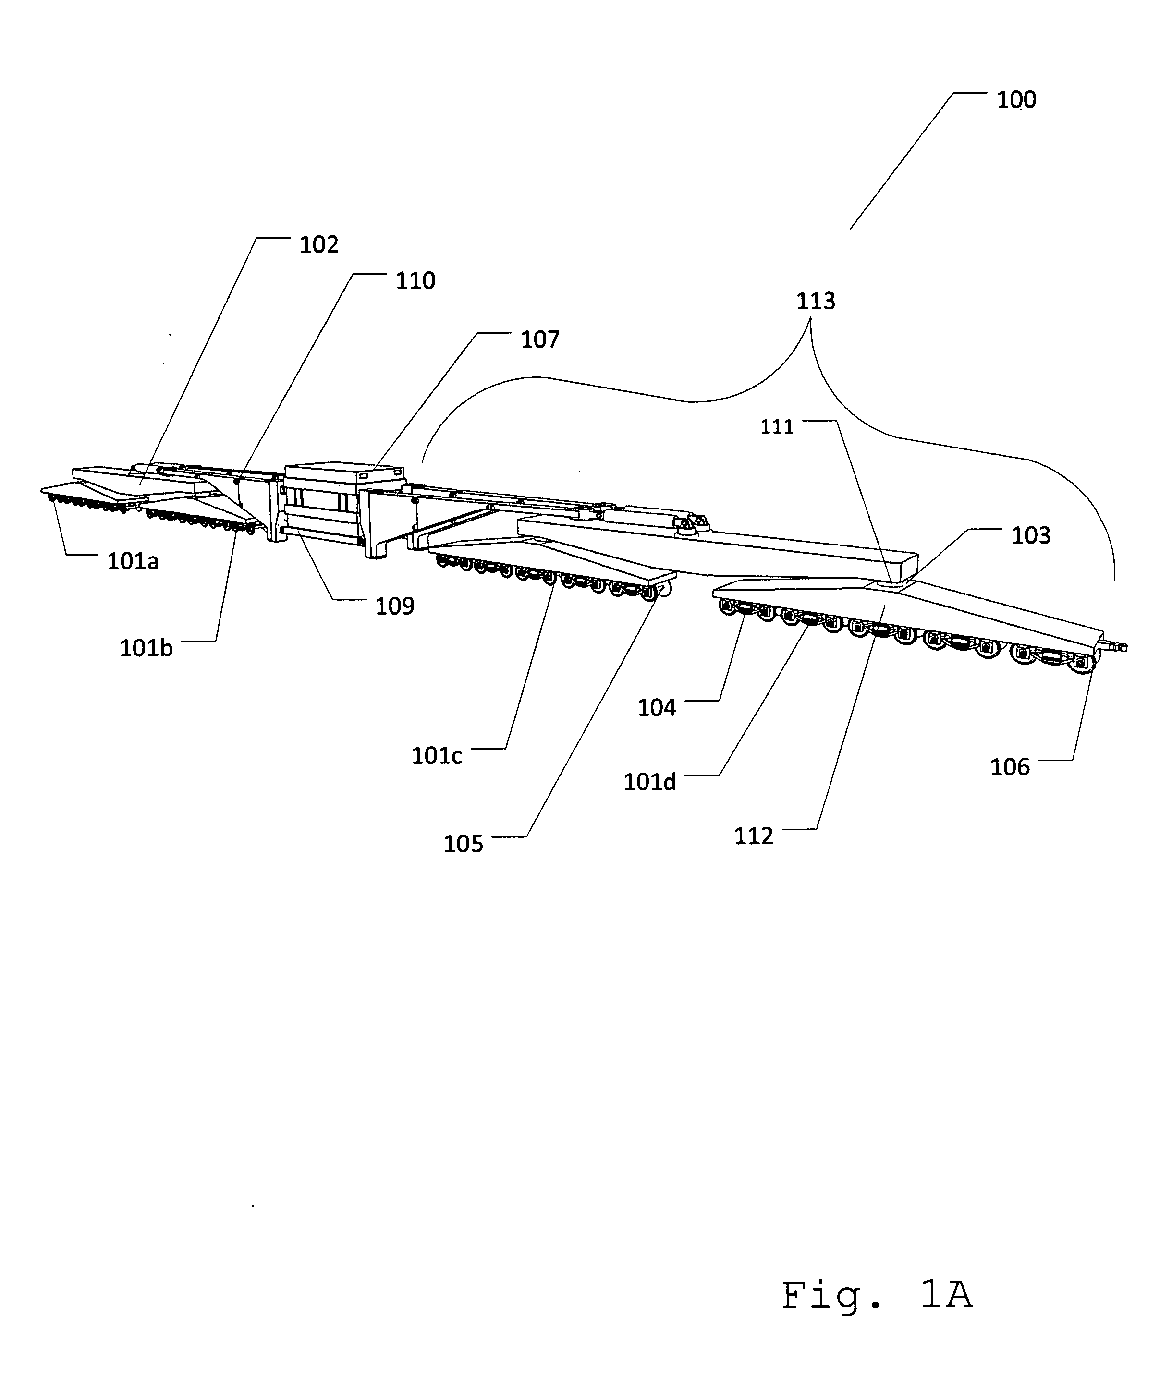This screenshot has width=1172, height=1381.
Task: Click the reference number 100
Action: (x=1016, y=100)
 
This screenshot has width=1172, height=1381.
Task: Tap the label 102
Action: (x=319, y=245)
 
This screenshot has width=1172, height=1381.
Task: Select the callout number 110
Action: (x=415, y=281)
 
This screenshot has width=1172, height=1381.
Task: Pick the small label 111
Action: (x=777, y=426)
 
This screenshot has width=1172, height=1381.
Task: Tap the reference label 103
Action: (x=1030, y=535)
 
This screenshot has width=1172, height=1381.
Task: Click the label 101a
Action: (x=133, y=562)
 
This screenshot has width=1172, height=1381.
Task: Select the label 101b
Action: (x=146, y=648)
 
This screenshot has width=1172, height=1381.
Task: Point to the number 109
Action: (x=395, y=606)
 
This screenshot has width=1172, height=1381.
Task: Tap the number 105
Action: (x=463, y=844)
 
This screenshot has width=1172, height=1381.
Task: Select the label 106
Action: (x=1009, y=767)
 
